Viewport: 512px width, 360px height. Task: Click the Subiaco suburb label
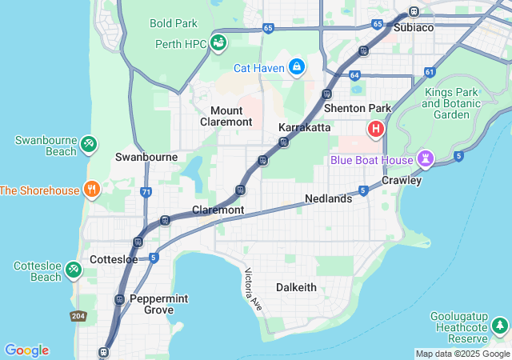click(414, 27)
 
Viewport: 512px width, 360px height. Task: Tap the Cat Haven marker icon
click(297, 66)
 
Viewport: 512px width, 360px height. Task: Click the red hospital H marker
click(374, 129)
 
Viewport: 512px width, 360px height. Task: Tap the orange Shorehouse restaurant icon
click(93, 190)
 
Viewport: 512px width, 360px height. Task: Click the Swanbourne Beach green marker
click(88, 146)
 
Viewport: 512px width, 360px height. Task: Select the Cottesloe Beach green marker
click(74, 270)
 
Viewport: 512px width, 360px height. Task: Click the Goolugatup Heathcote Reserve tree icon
click(499, 326)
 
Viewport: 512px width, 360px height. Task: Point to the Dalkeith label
click(296, 287)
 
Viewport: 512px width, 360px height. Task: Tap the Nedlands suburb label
click(328, 198)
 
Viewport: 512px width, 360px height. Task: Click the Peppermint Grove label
click(158, 304)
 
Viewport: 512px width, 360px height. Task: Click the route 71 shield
click(145, 192)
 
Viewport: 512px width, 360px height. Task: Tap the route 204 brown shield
click(78, 315)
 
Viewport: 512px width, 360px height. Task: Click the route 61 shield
click(430, 72)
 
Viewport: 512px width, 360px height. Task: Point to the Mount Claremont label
click(231, 116)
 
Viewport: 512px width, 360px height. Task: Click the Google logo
click(26, 350)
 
